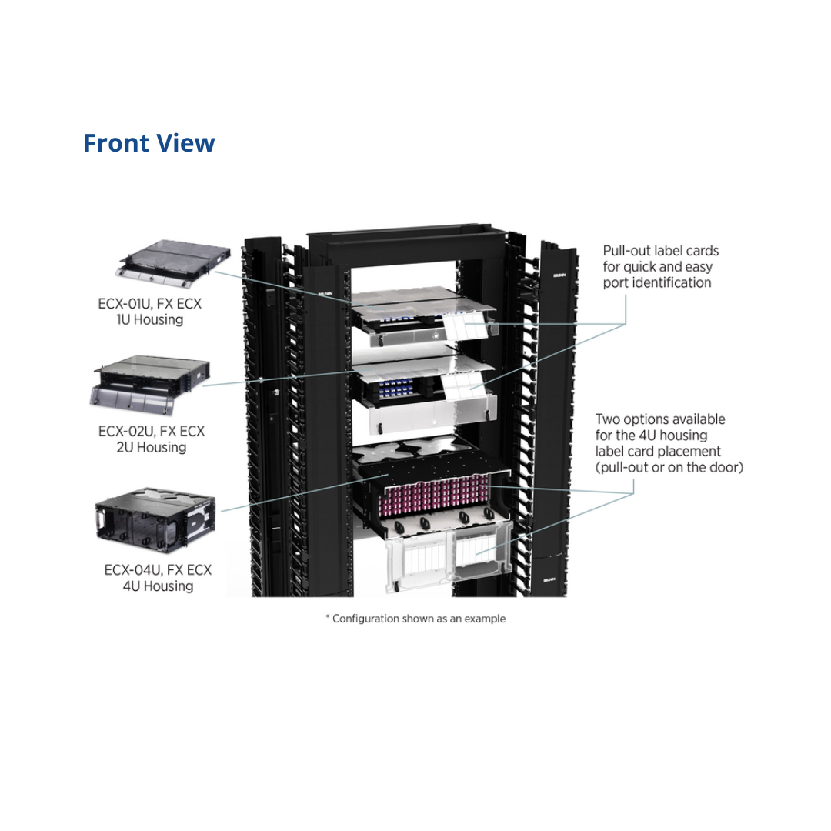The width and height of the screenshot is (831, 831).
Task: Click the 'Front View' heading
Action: (x=149, y=143)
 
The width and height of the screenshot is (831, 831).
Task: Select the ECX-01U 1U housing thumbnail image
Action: (x=172, y=261)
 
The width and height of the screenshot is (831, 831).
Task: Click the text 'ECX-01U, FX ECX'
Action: (x=151, y=303)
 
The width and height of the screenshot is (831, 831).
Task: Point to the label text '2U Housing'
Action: (x=151, y=447)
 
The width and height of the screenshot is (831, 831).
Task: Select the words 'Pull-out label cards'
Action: (x=660, y=251)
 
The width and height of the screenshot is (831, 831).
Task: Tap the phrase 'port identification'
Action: (x=656, y=282)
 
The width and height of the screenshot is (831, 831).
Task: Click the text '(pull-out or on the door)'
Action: (x=669, y=468)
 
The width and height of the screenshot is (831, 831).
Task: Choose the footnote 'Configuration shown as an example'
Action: (x=418, y=619)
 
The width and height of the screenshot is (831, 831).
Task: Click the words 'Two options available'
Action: (x=659, y=419)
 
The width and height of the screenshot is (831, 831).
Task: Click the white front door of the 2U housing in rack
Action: (x=431, y=416)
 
